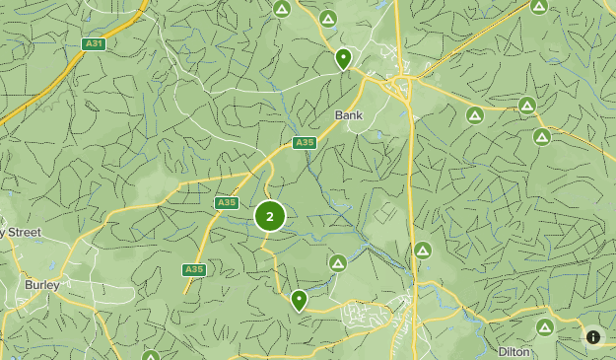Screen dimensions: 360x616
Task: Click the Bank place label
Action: (x=349, y=115)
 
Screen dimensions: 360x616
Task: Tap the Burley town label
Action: (x=42, y=285)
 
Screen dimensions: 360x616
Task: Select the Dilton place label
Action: (x=513, y=351)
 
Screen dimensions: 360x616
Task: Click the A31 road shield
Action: (x=94, y=44)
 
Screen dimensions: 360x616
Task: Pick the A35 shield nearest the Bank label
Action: (x=305, y=143)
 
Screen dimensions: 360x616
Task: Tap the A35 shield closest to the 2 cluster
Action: (x=227, y=203)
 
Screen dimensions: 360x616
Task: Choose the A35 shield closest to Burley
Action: (x=194, y=269)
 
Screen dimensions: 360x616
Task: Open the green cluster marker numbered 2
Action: (x=270, y=217)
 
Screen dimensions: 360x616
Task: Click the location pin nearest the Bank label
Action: (x=343, y=58)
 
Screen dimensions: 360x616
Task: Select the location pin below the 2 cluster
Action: (x=299, y=299)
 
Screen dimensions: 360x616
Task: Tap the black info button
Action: (x=593, y=337)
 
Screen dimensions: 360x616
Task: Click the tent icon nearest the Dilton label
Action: (x=544, y=327)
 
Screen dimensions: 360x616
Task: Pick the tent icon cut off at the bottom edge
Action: (x=151, y=356)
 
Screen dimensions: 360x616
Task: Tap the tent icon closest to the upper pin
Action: (x=328, y=19)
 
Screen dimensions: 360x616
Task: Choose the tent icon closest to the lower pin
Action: (x=338, y=263)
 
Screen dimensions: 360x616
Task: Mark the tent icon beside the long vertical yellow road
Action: (x=423, y=251)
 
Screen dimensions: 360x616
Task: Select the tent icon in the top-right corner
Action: (x=538, y=6)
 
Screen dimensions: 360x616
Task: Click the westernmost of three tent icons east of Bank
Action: (x=475, y=115)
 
